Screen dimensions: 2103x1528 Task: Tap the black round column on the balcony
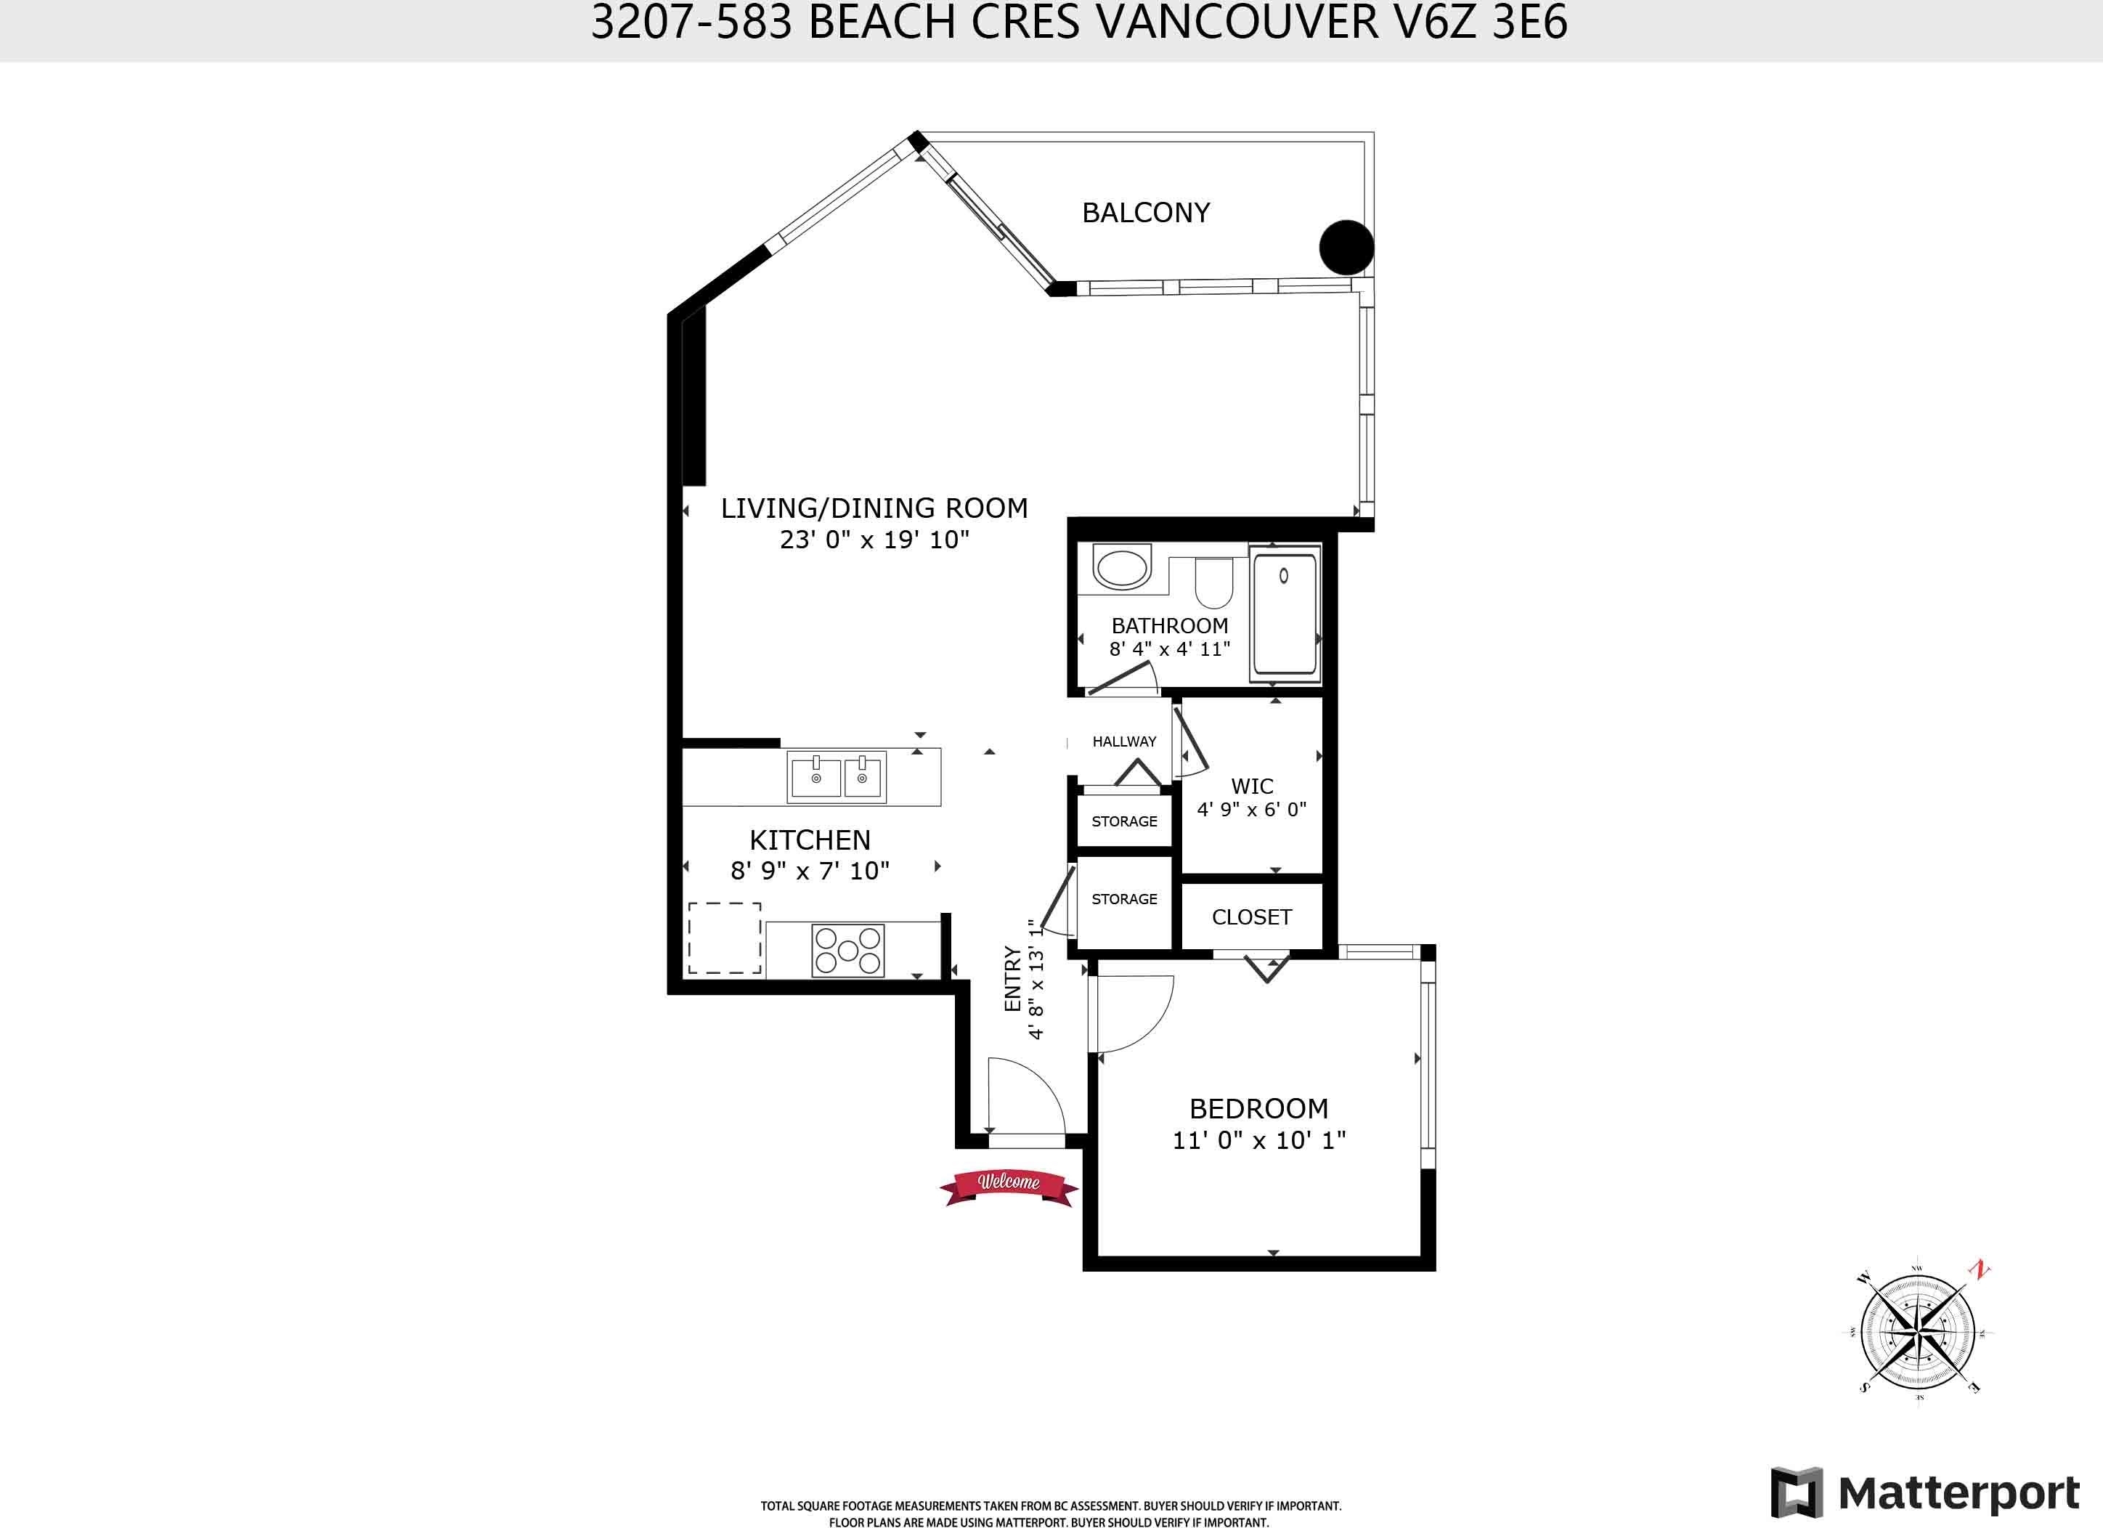point(1346,247)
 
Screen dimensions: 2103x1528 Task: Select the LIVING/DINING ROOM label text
point(874,508)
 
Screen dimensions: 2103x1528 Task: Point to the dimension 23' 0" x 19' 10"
point(874,540)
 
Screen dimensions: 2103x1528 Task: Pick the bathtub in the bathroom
point(1285,614)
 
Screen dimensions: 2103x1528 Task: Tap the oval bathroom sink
point(1122,569)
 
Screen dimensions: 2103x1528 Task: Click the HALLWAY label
point(1124,741)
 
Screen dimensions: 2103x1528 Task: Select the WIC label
point(1252,787)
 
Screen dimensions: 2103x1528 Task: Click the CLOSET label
point(1252,917)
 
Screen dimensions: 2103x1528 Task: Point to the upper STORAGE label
point(1124,821)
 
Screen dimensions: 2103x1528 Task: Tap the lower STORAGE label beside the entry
point(1124,899)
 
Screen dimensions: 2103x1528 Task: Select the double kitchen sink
point(837,777)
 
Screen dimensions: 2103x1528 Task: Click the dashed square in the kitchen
point(724,938)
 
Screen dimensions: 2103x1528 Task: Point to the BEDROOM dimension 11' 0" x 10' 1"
point(1259,1140)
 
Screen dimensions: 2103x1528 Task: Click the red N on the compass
point(1980,1270)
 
